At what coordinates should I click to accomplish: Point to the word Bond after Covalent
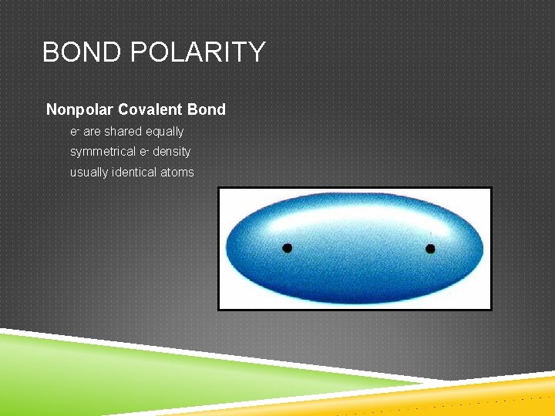(206, 109)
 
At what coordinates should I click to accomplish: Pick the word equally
(164, 132)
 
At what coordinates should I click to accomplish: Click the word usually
(89, 172)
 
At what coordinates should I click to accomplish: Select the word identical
(135, 172)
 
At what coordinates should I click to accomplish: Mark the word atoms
(177, 172)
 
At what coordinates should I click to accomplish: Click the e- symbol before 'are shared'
(74, 132)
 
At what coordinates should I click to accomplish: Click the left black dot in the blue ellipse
(287, 248)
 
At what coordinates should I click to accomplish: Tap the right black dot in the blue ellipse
(430, 248)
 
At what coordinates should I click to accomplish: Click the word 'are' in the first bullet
(92, 132)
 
